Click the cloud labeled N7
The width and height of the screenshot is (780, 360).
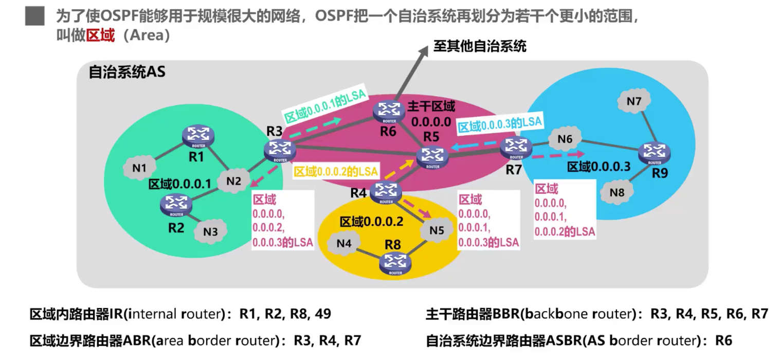634,101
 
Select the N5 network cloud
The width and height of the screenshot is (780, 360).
437,230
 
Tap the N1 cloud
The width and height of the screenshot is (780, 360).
139,168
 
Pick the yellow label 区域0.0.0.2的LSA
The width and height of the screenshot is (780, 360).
335,171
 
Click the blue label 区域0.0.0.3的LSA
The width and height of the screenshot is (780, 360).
500,123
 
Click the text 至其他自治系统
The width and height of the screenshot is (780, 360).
480,47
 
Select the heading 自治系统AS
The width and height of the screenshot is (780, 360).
127,72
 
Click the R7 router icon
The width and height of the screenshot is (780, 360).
516,148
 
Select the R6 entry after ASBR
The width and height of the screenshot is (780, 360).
720,340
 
